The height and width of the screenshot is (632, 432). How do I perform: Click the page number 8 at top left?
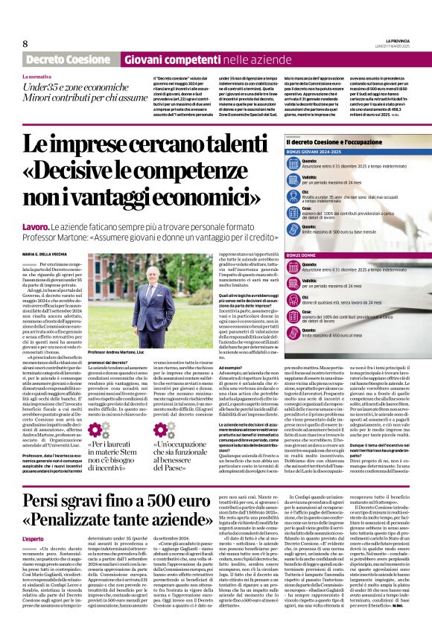coord(25,44)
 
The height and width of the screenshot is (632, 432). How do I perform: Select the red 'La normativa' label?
coord(37,77)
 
